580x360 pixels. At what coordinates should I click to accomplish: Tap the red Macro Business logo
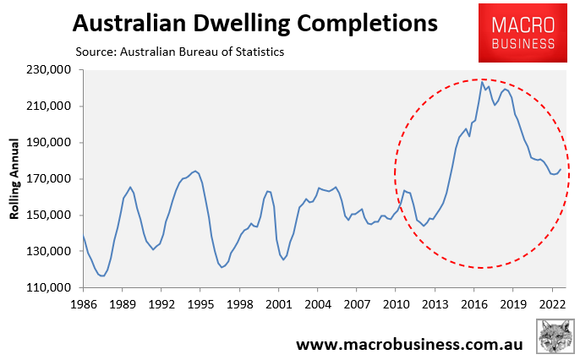[x=517, y=34]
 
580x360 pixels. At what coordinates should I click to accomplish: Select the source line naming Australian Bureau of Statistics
[x=178, y=52]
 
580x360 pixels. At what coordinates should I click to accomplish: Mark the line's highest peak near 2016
[x=482, y=81]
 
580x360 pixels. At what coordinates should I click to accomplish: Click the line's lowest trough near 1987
[x=102, y=275]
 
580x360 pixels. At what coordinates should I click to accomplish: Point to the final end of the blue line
[x=561, y=169]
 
